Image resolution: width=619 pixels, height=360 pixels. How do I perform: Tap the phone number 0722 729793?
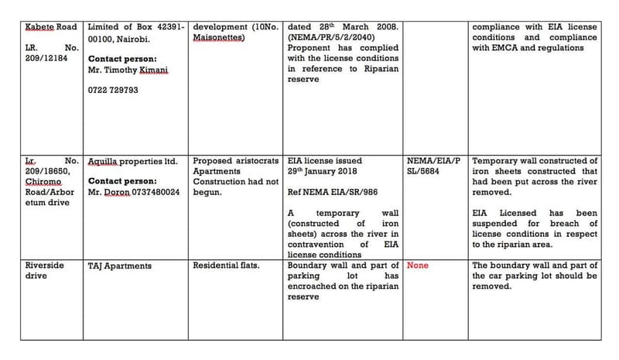click(114, 91)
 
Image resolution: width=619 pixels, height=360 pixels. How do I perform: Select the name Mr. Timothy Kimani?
click(128, 70)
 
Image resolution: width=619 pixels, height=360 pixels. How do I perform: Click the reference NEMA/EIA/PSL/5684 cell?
click(435, 166)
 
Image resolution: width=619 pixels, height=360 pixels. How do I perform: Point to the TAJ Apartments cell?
click(120, 266)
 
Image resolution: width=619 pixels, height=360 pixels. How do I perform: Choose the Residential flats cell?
click(226, 266)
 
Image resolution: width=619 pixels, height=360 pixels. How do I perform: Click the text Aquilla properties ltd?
click(133, 161)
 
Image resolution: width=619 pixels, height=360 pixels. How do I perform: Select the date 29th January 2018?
click(324, 171)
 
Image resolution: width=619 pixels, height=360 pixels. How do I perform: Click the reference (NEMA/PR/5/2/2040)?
click(334, 37)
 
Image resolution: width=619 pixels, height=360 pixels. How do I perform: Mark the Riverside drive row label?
click(44, 270)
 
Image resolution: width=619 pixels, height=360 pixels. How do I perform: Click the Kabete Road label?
click(52, 26)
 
